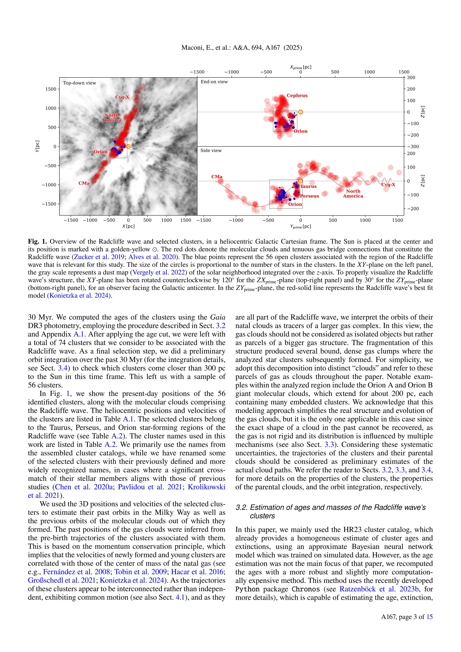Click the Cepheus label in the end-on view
click(297, 95)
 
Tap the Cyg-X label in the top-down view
click(122, 97)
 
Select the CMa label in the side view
click(217, 177)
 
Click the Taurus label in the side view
click(308, 186)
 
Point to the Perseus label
click(310, 196)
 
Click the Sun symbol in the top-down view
click(128, 147)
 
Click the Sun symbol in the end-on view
click(300, 112)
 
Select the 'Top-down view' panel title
click(79, 83)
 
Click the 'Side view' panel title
click(211, 151)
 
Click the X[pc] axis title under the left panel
click(128, 226)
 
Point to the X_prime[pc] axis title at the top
click(300, 67)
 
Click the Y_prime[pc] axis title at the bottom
click(300, 227)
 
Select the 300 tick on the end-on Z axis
click(411, 77)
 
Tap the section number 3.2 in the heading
click(241, 507)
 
